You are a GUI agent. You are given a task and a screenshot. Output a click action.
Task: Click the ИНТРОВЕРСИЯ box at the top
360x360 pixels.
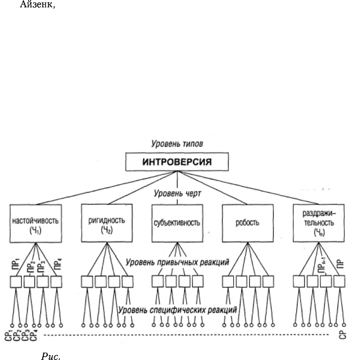tap(177, 162)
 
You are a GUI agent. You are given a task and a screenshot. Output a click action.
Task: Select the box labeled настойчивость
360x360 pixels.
tap(35, 223)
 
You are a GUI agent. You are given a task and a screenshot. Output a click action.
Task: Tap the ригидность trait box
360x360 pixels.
tap(107, 223)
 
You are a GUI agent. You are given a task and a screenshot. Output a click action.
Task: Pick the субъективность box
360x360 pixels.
tap(177, 223)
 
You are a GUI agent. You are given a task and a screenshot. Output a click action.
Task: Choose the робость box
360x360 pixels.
tap(248, 223)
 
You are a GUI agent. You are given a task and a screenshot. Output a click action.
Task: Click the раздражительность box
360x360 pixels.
tap(319, 223)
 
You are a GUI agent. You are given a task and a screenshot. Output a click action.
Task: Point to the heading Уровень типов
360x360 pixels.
tap(177, 144)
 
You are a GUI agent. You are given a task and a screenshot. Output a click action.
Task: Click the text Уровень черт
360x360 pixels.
tap(177, 193)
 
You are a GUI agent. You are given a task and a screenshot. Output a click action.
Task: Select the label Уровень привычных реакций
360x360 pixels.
tap(177, 262)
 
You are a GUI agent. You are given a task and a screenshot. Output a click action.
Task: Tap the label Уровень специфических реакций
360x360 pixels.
tap(177, 310)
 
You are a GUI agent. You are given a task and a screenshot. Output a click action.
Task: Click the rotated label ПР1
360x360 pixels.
tap(16, 264)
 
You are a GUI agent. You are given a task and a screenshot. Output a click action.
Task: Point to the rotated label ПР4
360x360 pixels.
tap(57, 264)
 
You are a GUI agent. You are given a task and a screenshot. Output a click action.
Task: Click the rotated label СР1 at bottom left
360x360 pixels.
tap(8, 336)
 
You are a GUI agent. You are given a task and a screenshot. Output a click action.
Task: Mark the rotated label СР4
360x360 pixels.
tap(34, 336)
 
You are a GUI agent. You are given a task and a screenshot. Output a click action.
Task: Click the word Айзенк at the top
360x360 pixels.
tap(37, 4)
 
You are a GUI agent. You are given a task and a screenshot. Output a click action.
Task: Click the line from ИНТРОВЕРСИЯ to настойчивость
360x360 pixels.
tap(107, 188)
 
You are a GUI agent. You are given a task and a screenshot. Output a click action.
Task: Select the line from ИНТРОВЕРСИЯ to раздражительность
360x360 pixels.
tap(248, 187)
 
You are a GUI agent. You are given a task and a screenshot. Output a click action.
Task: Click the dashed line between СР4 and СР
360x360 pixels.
tap(186, 335)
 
